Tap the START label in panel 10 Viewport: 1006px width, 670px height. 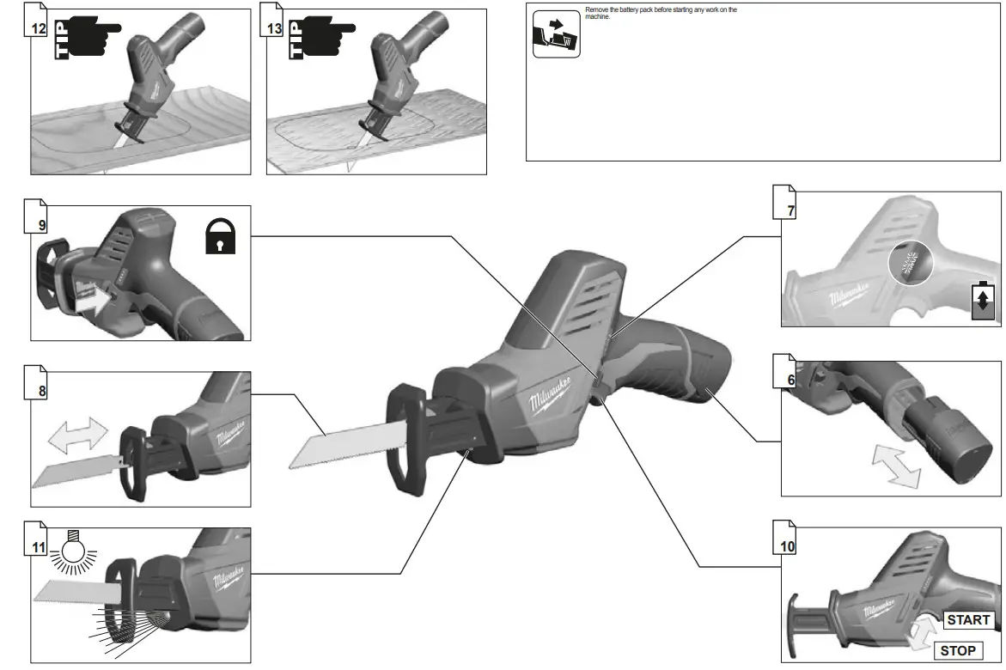[x=968, y=619]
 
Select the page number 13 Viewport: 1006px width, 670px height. [x=274, y=28]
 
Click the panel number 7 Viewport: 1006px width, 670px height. [x=790, y=209]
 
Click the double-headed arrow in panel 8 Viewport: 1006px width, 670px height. [x=78, y=435]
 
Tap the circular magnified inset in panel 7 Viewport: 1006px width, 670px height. [x=908, y=261]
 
